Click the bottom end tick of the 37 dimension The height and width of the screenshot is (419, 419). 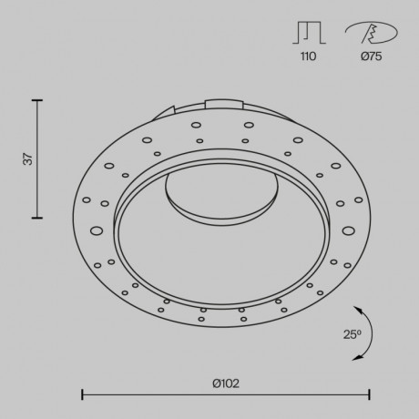[37, 219]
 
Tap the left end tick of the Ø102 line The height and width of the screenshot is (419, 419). [83, 394]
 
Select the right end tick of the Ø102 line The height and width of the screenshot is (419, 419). [369, 394]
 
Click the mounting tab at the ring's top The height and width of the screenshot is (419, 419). [226, 104]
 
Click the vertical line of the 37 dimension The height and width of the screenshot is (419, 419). [37, 158]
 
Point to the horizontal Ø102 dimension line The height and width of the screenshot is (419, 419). [225, 394]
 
